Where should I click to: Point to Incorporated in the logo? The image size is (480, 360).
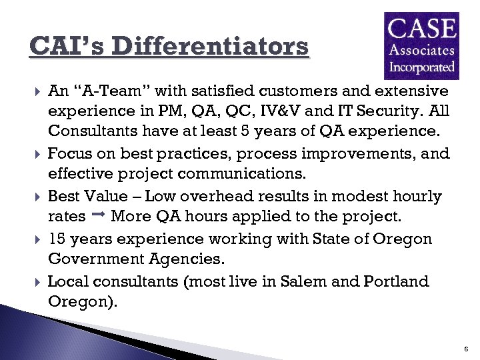pyautogui.click(x=421, y=67)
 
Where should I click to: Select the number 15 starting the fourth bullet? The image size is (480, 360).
pyautogui.click(x=57, y=239)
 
